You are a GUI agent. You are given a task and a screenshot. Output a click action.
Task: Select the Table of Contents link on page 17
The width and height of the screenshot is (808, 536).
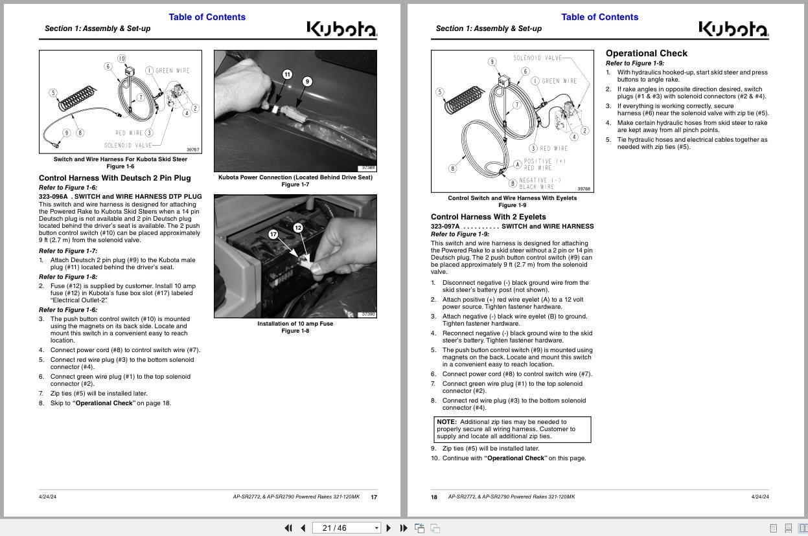click(207, 17)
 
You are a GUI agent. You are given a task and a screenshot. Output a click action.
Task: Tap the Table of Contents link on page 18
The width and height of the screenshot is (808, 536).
click(599, 17)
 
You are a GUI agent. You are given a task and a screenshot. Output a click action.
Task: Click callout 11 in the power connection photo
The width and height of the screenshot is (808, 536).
click(287, 74)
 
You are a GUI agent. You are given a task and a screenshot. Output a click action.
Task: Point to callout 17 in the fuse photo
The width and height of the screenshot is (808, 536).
click(273, 234)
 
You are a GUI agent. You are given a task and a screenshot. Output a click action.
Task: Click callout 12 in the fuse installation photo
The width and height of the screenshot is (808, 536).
click(298, 227)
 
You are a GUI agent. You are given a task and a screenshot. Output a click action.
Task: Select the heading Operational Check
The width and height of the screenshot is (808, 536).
click(646, 53)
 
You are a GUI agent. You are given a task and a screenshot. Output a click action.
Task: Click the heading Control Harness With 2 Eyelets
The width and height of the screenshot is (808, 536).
click(488, 217)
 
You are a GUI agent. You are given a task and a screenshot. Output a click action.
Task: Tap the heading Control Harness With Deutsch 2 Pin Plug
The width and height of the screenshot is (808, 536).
click(115, 178)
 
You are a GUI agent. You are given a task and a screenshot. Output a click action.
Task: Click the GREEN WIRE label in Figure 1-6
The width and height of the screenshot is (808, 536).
click(172, 71)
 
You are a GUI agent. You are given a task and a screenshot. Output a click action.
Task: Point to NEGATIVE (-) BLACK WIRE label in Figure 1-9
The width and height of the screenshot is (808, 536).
click(539, 183)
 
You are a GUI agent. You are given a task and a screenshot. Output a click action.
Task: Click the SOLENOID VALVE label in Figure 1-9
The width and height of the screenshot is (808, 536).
click(537, 58)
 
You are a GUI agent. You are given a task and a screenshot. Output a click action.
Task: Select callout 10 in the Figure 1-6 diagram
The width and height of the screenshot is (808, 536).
click(121, 58)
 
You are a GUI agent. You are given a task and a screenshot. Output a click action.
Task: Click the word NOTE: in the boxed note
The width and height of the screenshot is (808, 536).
click(446, 422)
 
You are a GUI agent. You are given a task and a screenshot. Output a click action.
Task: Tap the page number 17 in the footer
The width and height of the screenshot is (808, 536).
click(373, 497)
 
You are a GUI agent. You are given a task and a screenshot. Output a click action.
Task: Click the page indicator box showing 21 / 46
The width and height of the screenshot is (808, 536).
click(347, 528)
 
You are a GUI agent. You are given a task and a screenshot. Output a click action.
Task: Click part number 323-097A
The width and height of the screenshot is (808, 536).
click(444, 227)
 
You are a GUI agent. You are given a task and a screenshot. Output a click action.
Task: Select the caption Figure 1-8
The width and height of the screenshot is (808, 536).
click(295, 331)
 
